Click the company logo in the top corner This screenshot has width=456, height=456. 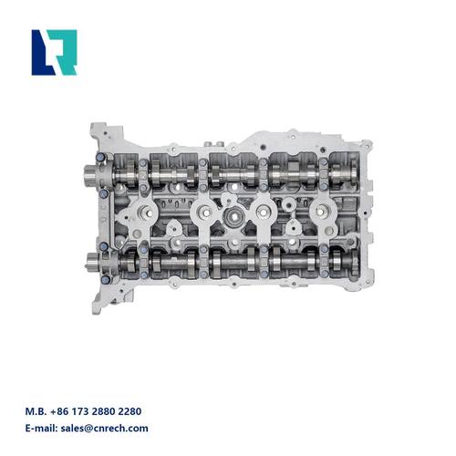pyautogui.click(x=54, y=52)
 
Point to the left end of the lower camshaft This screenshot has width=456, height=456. pyautogui.click(x=92, y=263)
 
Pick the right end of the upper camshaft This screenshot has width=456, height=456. pyautogui.click(x=353, y=170)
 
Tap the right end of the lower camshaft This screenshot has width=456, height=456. pyautogui.click(x=353, y=260)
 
